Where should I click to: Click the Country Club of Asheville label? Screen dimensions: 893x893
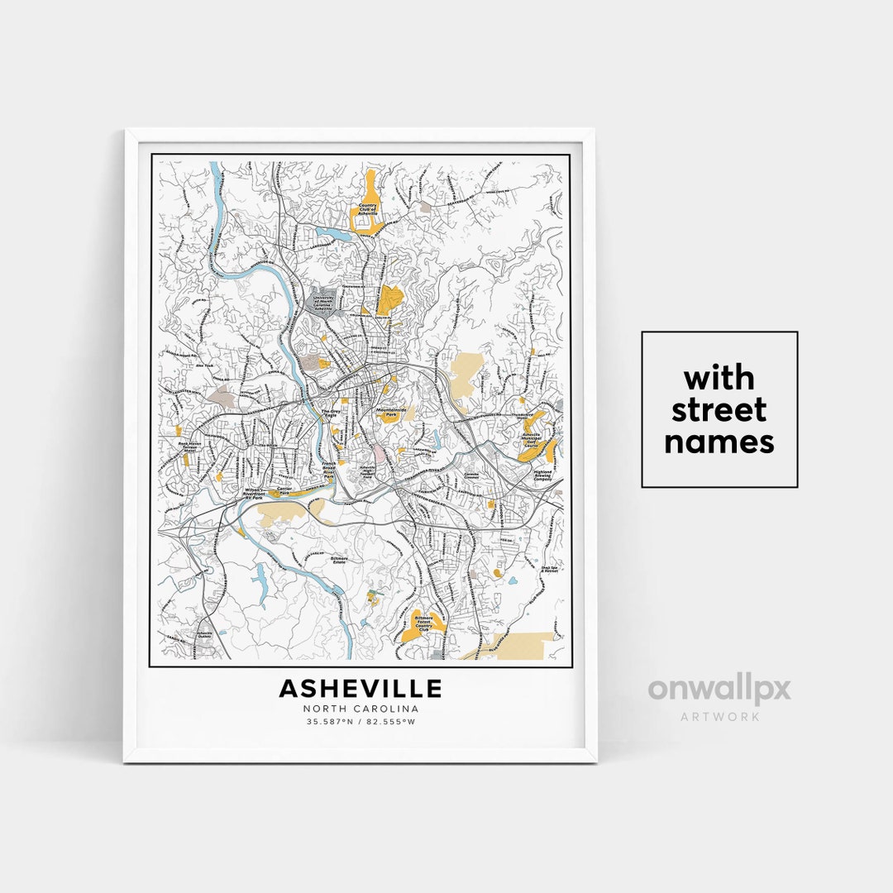pos(367,209)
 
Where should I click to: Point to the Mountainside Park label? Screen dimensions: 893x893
pos(391,411)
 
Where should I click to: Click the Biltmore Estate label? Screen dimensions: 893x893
pos(340,559)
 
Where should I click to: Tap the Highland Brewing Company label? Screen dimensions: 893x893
pos(542,477)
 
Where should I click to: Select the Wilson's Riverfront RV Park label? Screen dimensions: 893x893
pos(241,494)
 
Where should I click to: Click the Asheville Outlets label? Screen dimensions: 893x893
pos(204,636)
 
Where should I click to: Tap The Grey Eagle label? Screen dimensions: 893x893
pos(331,409)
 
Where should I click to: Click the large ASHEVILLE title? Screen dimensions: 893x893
pos(360,688)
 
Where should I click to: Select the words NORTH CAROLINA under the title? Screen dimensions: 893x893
pos(361,709)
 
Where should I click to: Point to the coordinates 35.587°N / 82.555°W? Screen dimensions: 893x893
pos(361,722)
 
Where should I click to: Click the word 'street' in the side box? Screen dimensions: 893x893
pos(719,410)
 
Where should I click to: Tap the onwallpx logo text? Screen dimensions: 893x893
pos(719,689)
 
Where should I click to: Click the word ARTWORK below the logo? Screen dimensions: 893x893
pos(719,717)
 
